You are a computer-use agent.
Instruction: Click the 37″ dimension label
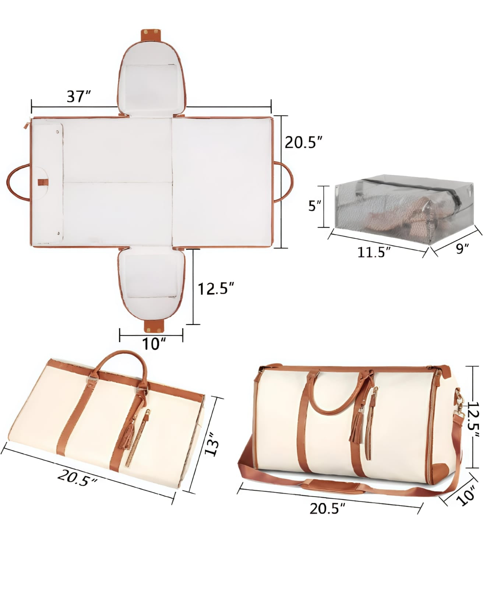click(x=79, y=96)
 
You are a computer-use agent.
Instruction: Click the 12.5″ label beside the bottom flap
click(x=216, y=289)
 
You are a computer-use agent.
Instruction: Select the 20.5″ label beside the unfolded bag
click(x=304, y=142)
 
